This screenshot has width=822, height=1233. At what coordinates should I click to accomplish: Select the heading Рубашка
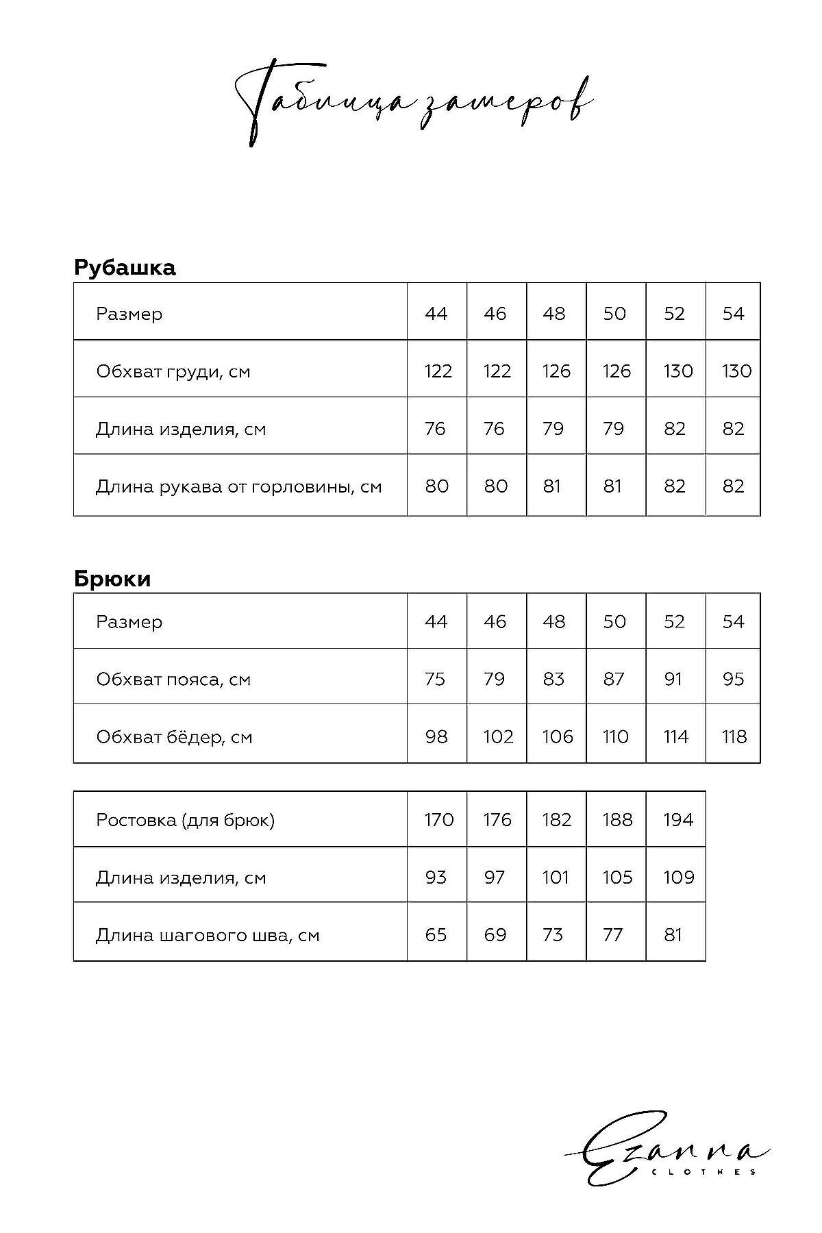tap(125, 267)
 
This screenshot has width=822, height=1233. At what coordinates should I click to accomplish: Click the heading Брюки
tap(112, 579)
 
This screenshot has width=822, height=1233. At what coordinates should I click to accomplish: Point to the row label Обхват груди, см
tap(173, 372)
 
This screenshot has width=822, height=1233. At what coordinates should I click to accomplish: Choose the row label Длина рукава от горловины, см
tap(238, 487)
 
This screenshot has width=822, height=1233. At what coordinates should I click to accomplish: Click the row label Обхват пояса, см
tap(173, 680)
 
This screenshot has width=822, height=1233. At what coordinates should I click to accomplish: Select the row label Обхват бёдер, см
tap(174, 737)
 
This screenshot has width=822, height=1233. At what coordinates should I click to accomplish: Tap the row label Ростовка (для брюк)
tap(185, 820)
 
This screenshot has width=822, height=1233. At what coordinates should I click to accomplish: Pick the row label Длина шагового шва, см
tap(208, 935)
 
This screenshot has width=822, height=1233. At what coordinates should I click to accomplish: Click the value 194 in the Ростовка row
tap(678, 820)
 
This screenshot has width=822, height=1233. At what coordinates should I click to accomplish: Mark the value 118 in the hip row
tap(734, 737)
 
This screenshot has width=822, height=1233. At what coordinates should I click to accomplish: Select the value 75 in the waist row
tap(435, 680)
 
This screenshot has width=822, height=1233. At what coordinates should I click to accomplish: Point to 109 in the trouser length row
tap(678, 877)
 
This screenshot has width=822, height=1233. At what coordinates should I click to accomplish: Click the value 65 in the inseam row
tap(436, 935)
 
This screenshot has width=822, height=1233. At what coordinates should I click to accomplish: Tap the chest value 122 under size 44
tap(438, 371)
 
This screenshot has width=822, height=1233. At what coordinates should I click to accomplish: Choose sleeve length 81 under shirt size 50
tap(612, 486)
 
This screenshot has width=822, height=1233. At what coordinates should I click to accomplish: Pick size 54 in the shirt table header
tap(733, 314)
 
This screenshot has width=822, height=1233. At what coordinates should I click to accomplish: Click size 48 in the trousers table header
tap(553, 622)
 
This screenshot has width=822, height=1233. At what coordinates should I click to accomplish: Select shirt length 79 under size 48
tap(553, 429)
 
